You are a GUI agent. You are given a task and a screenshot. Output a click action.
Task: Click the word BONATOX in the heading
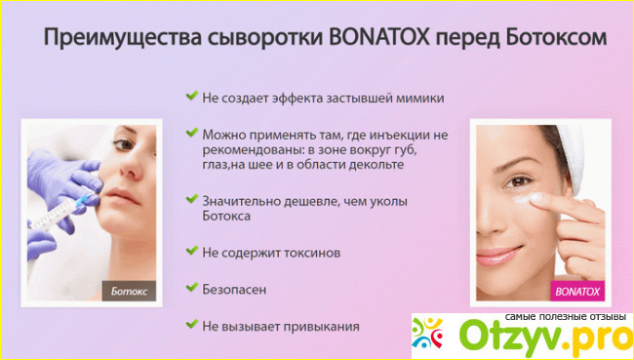[380, 38]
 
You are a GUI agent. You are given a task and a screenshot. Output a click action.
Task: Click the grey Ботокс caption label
[129, 291]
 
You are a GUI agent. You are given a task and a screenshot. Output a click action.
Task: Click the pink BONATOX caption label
[577, 292]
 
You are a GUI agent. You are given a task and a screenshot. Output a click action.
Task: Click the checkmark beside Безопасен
[191, 288]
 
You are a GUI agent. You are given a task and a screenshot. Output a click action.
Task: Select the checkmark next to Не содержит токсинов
[191, 251]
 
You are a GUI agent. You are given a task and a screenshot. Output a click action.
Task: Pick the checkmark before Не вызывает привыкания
[191, 324]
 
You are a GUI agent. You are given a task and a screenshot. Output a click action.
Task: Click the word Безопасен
[234, 290]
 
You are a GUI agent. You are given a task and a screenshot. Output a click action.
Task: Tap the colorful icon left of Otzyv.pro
[428, 334]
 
